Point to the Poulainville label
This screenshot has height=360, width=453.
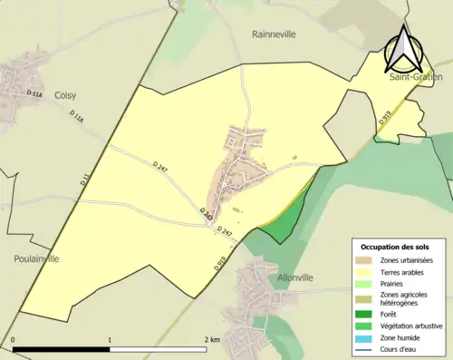tap(36, 258)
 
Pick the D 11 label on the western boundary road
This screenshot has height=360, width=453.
tap(84, 180)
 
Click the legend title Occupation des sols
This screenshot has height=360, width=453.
tap(396, 247)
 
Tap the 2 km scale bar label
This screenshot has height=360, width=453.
tap(212, 340)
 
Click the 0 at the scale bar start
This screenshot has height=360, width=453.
tap(14, 340)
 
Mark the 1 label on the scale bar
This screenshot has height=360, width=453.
tap(110, 340)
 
